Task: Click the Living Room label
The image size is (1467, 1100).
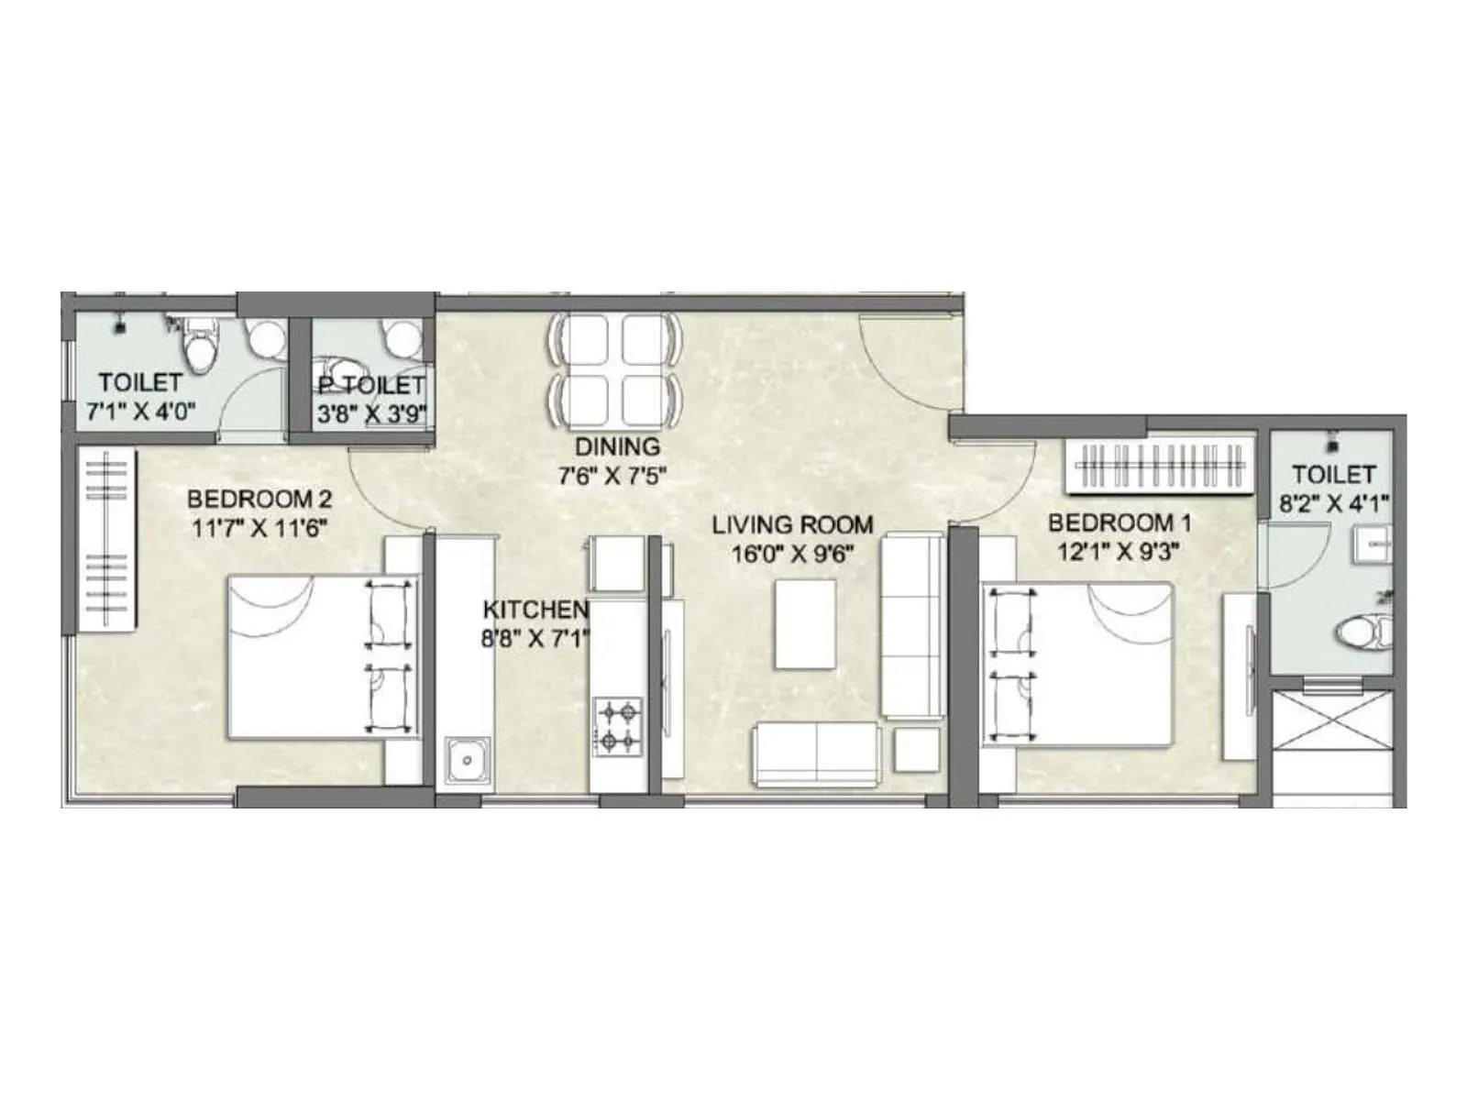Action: (x=792, y=525)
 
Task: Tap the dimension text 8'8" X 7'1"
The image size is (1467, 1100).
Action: (x=535, y=637)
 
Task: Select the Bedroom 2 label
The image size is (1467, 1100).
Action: (x=259, y=500)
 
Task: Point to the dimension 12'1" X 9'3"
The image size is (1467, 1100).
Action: (x=1119, y=551)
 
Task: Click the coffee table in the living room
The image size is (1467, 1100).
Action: (x=806, y=623)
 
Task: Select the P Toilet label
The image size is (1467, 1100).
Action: (x=371, y=385)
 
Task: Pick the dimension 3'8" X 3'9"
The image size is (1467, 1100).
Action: (x=371, y=413)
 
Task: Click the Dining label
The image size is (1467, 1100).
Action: (x=617, y=446)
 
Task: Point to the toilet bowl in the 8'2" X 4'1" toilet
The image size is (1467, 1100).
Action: (x=1362, y=632)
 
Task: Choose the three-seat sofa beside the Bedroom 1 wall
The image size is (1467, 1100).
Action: (x=912, y=626)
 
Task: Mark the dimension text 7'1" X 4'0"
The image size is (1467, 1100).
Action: (x=141, y=412)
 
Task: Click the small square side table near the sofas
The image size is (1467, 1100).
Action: (x=916, y=749)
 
